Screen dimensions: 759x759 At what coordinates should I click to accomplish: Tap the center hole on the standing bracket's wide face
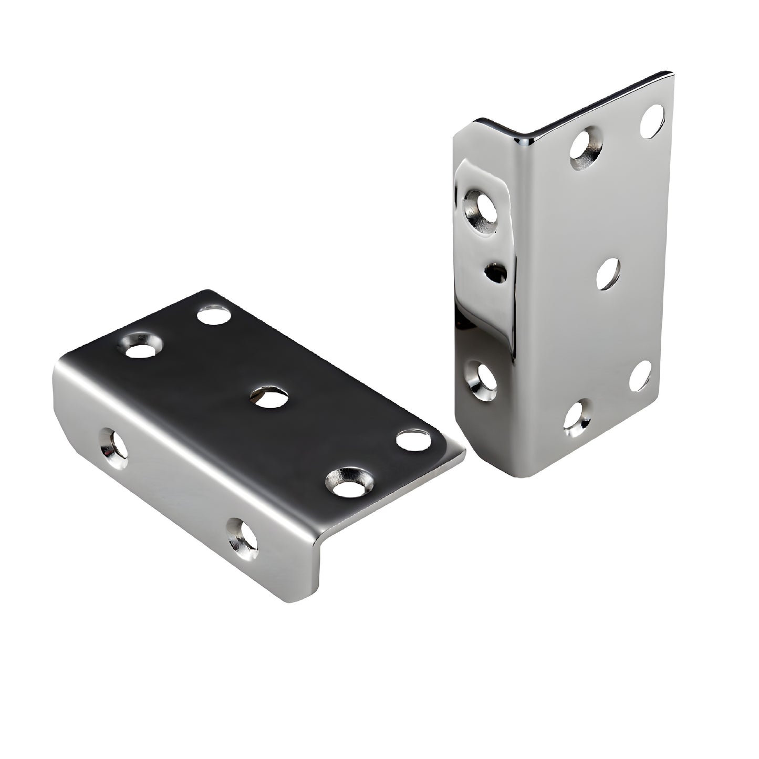(x=609, y=273)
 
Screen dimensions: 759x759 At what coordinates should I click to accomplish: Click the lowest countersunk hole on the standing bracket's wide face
(x=577, y=419)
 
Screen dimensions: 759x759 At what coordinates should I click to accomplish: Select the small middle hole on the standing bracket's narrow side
(x=496, y=272)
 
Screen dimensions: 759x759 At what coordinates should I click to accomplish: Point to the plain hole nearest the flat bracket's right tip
(x=413, y=439)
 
